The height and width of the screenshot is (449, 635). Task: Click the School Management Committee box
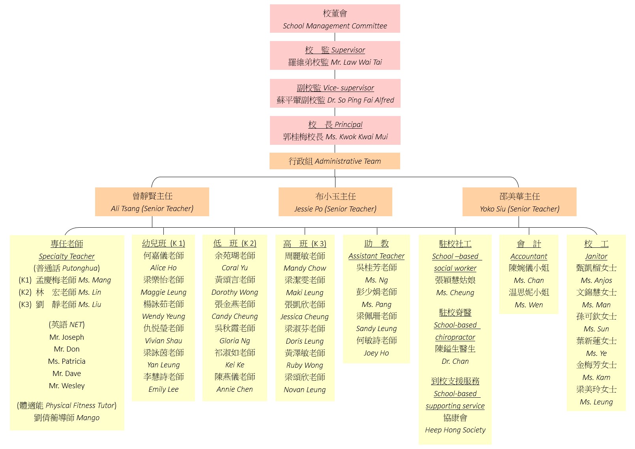click(335, 19)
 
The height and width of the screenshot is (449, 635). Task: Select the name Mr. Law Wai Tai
click(356, 62)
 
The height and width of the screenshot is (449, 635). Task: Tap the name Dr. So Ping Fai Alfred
click(361, 100)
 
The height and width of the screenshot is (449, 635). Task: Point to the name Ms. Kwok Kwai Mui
click(357, 137)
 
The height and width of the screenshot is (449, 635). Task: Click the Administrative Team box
click(335, 161)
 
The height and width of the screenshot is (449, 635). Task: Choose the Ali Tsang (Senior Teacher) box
click(152, 202)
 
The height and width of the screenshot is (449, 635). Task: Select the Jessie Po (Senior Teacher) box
click(335, 202)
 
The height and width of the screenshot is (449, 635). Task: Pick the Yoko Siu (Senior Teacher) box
click(519, 202)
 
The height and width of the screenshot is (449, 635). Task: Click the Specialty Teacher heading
click(67, 256)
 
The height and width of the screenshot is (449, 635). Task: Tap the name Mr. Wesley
click(67, 385)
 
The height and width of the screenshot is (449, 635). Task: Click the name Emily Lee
click(163, 389)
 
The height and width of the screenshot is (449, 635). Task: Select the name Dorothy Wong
click(235, 292)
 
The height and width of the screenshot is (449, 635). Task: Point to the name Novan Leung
click(305, 389)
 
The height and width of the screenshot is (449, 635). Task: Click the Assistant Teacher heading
click(377, 256)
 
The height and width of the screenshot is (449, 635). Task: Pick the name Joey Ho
click(377, 353)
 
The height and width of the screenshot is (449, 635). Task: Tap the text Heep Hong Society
click(455, 430)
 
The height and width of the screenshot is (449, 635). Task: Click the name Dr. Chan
click(455, 361)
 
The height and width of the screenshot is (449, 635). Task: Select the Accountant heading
click(529, 256)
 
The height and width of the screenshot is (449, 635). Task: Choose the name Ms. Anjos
click(596, 281)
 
